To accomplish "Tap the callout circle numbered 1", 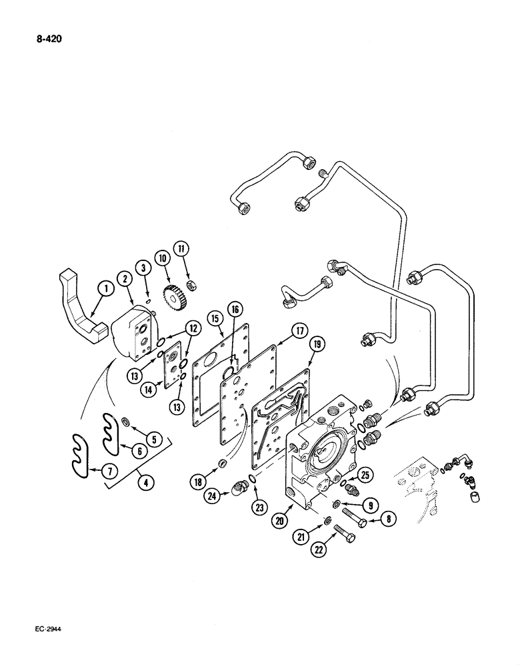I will pos(103,288).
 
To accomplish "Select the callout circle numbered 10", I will pos(161,257).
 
